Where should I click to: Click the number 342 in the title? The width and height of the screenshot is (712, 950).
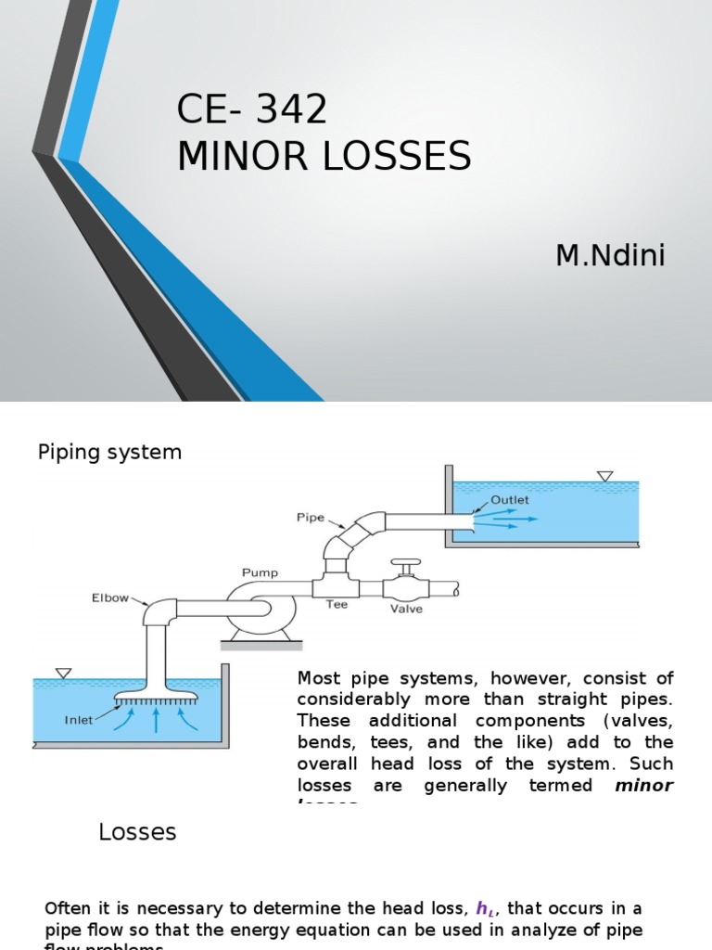[293, 110]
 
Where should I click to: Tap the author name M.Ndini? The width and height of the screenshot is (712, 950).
[610, 255]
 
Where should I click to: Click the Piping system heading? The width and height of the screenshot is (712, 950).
[109, 453]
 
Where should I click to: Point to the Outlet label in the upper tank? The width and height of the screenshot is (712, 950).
[510, 499]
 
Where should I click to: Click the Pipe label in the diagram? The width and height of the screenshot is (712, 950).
[311, 518]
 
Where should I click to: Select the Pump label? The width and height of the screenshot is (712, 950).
[260, 572]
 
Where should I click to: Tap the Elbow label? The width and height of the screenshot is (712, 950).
[110, 598]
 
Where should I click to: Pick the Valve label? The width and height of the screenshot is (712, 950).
[406, 610]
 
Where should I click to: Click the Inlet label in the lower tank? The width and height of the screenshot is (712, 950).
[79, 719]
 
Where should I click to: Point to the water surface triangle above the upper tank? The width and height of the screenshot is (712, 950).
[604, 477]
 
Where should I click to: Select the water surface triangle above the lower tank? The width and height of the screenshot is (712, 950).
[63, 673]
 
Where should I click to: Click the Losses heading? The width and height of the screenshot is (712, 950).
[137, 832]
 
